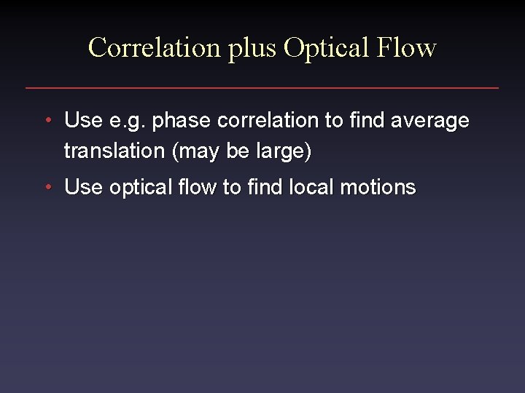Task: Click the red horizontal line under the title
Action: (262, 88)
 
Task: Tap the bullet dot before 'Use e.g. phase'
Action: (47, 120)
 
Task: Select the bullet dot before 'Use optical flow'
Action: (47, 187)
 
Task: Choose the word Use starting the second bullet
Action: (82, 187)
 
